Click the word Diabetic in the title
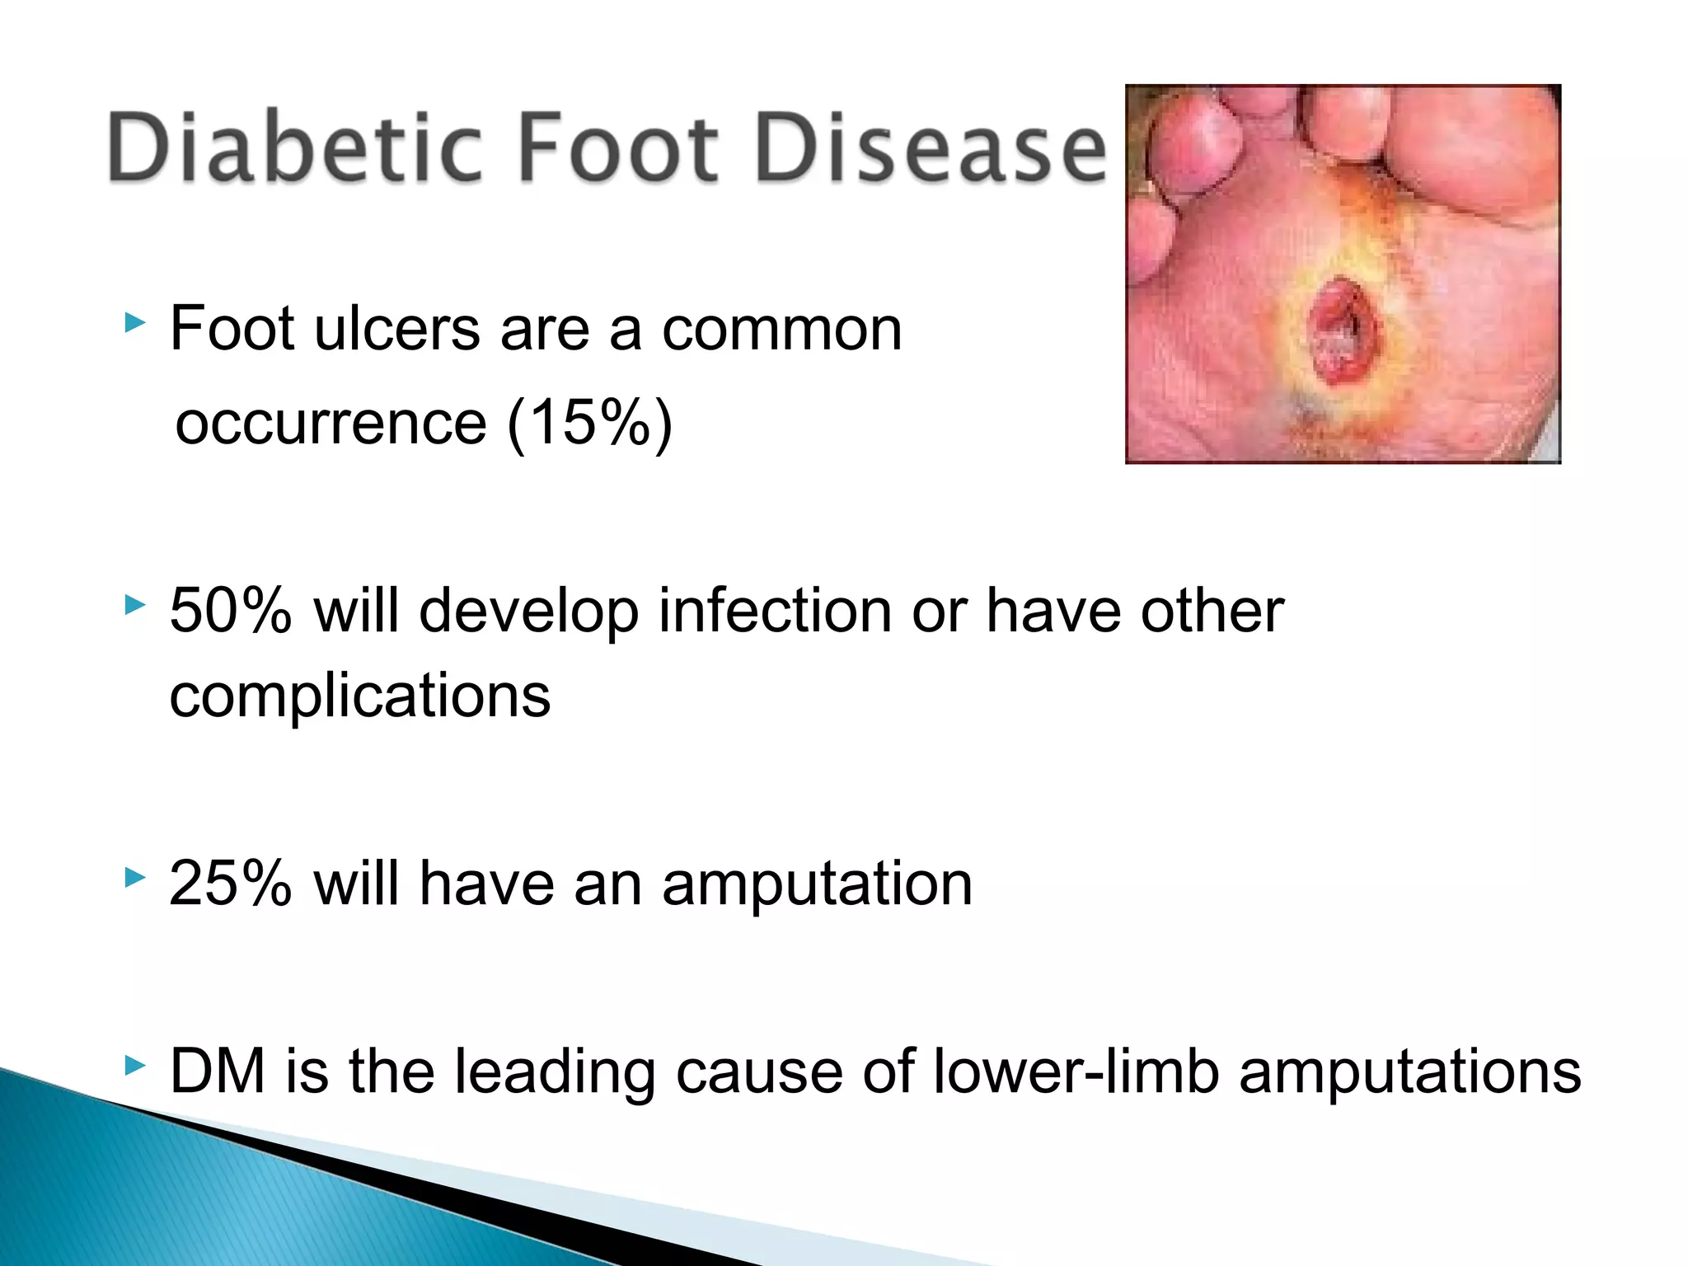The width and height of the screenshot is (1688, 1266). tap(293, 148)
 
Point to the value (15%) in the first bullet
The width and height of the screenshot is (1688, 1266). tap(589, 424)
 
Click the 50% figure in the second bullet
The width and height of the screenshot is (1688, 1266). tap(230, 612)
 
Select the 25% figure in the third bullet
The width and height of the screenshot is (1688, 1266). tap(230, 884)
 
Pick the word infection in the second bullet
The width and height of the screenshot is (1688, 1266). tap(774, 612)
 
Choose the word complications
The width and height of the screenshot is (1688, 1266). tap(359, 697)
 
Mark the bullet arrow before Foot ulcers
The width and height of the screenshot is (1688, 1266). tap(134, 322)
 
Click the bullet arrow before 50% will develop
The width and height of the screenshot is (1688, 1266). tap(134, 606)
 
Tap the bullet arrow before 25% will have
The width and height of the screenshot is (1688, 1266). tap(134, 878)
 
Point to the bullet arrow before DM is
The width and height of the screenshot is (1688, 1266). tap(134, 1066)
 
